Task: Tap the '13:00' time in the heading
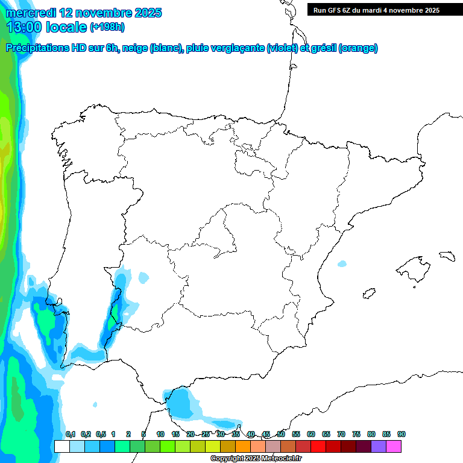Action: coord(24,27)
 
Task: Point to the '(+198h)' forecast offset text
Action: coord(107,27)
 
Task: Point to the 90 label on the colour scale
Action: coord(402,434)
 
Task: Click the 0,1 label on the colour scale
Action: coord(70,434)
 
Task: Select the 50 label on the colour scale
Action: coord(281,434)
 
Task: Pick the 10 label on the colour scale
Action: coord(160,434)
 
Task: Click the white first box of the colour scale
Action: coord(61,446)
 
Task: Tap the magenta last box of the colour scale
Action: coord(394,446)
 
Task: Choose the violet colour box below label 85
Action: coord(379,446)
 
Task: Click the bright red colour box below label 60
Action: coord(318,446)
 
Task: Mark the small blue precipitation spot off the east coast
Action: coord(342,263)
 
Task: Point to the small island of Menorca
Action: coord(447,256)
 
